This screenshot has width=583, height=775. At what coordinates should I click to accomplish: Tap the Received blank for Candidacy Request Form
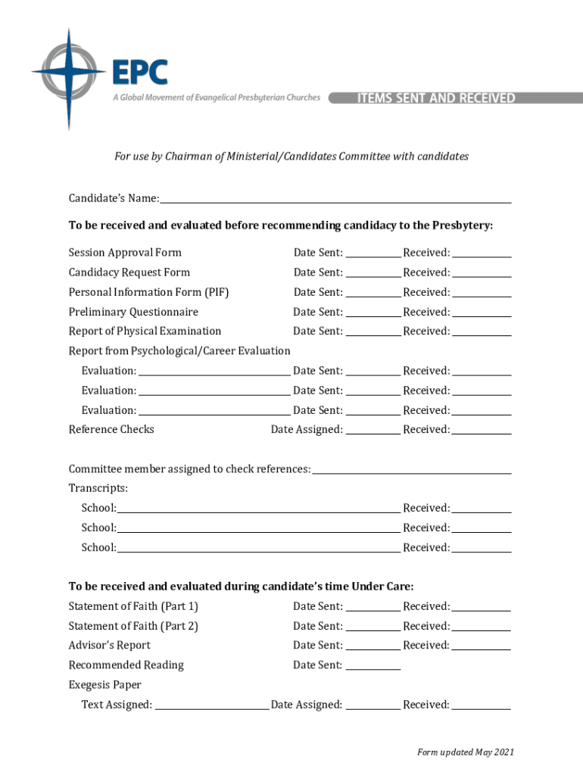482,272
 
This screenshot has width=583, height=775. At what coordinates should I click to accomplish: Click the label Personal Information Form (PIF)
148,292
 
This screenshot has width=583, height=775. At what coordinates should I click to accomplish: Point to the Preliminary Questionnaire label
133,312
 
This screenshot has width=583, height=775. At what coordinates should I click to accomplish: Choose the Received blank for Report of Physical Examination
482,331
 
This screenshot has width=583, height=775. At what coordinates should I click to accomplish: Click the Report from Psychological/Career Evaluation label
179,351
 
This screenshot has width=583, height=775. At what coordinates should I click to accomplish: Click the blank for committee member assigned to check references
412,469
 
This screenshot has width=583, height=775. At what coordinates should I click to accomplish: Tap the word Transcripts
98,488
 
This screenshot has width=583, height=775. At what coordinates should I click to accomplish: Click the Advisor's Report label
110,646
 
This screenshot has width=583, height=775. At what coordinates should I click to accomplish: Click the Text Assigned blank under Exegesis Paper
211,705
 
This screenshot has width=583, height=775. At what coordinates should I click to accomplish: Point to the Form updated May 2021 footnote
466,752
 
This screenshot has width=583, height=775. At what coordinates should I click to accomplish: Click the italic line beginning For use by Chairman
291,157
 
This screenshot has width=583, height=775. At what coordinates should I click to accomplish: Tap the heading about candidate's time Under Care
241,587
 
